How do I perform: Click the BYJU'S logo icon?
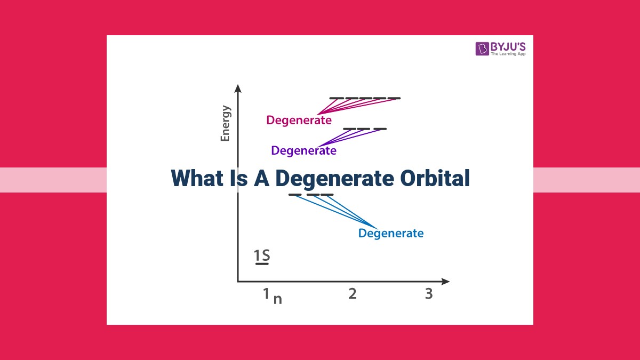[482, 49]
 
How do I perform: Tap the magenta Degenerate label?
[299, 120]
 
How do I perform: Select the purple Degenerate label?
[303, 150]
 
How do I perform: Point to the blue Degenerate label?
[391, 233]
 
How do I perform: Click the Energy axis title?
[225, 123]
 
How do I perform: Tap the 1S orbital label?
[262, 255]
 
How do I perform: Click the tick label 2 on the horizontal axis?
[353, 294]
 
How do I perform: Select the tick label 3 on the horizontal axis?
[429, 294]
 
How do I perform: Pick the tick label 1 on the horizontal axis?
[266, 293]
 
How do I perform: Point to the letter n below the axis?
[278, 299]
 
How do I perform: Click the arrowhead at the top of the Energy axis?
[238, 89]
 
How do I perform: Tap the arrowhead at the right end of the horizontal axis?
[445, 282]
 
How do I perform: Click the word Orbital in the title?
[435, 178]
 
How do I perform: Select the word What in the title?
[197, 178]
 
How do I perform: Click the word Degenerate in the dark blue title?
[335, 179]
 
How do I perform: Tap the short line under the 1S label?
[262, 264]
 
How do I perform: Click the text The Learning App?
[508, 54]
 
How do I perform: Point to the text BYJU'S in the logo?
[508, 46]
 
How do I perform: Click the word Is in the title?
[238, 178]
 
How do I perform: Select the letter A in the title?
[261, 178]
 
